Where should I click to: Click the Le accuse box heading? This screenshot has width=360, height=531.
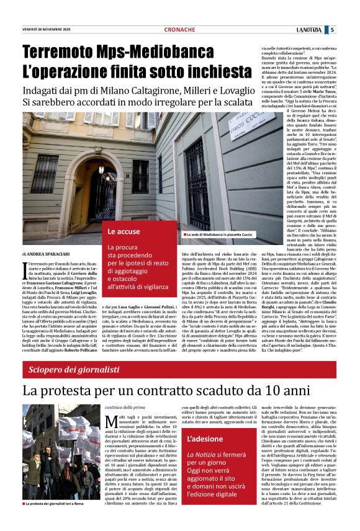coord(124,231)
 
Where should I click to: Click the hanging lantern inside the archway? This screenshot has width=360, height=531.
coord(101,167)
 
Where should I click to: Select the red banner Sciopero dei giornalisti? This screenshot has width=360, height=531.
coord(73,370)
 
